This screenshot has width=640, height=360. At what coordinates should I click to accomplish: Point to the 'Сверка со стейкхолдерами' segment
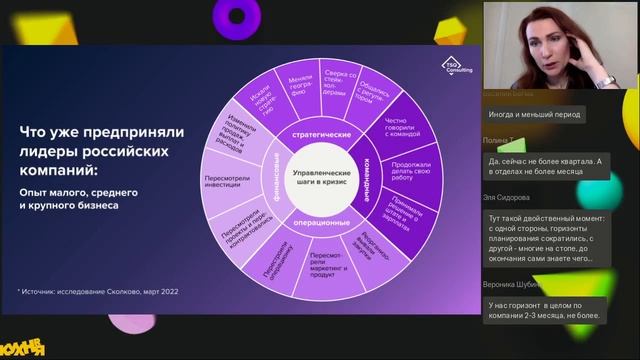pyautogui.click(x=338, y=79)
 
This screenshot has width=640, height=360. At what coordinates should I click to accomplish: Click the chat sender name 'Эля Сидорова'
pyautogui.click(x=510, y=198)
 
